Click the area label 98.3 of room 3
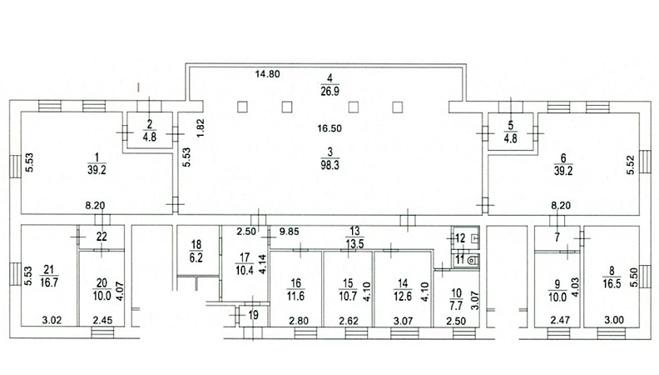(330, 165)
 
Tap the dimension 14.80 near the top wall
(268, 74)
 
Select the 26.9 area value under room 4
(330, 91)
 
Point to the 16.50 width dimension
(329, 128)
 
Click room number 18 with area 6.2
(196, 244)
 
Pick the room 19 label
(254, 315)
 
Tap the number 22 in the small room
(102, 237)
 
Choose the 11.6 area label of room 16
(296, 297)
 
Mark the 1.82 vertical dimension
(201, 127)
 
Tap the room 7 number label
(557, 237)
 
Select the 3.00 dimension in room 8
(614, 320)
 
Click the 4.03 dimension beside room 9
(575, 286)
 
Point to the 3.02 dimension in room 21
(52, 321)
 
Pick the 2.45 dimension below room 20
(103, 321)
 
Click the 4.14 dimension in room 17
(264, 265)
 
